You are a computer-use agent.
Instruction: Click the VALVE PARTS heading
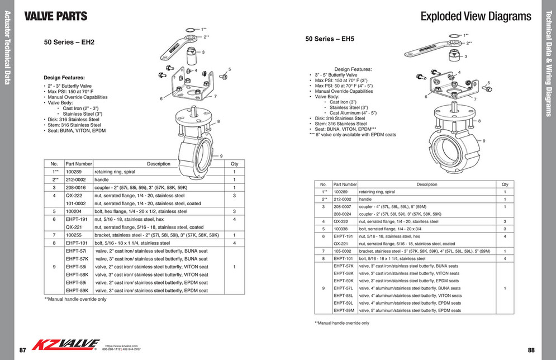[x=56, y=16]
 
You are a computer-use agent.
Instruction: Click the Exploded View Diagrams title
[x=476, y=16]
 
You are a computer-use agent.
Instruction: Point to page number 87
[x=23, y=350]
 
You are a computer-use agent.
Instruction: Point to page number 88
[x=531, y=350]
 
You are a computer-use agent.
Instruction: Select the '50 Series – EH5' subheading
[x=330, y=39]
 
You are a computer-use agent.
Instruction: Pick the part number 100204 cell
[x=74, y=212]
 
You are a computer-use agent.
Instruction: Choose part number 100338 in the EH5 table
[x=341, y=229]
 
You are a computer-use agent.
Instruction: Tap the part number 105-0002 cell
[x=343, y=252]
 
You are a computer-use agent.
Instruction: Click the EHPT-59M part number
[x=344, y=310]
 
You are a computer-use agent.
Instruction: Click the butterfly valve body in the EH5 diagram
[x=453, y=148]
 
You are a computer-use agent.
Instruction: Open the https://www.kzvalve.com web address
[x=121, y=345]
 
